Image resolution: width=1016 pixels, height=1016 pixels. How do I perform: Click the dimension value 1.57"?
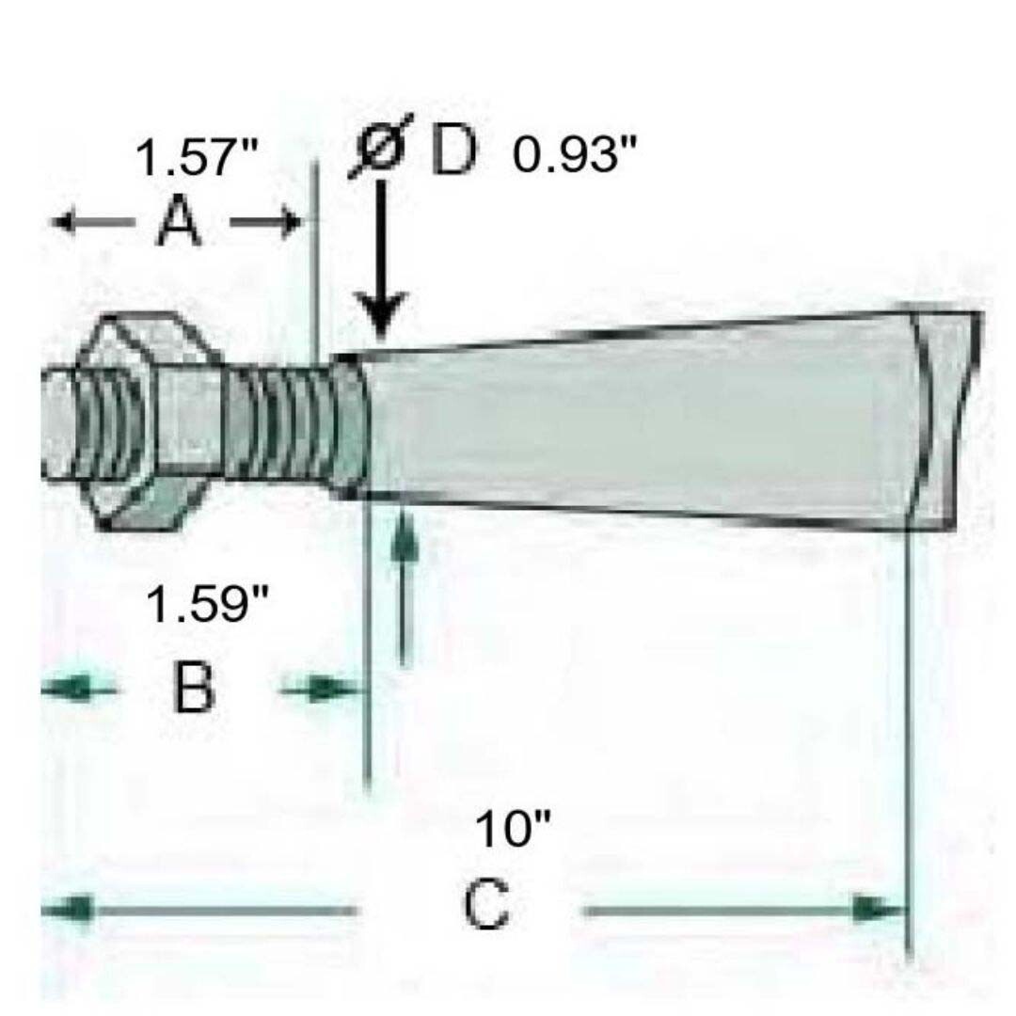tap(197, 157)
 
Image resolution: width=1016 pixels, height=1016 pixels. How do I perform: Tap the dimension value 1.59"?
tap(207, 607)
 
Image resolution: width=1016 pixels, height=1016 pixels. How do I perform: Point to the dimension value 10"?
tap(512, 831)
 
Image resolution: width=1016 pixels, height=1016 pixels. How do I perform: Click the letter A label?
tap(178, 223)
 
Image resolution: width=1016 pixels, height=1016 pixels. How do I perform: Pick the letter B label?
tap(194, 689)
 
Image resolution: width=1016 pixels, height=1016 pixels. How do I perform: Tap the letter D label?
tap(453, 152)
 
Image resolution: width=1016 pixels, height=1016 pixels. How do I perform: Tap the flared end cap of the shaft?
tap(941, 419)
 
